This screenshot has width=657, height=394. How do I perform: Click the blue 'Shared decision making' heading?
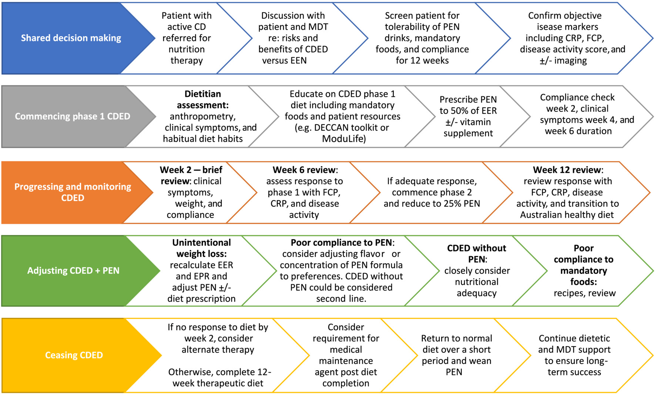click(x=71, y=38)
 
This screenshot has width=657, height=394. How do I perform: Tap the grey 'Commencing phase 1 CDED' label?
click(x=72, y=116)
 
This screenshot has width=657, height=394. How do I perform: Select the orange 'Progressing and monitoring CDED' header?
click(x=73, y=192)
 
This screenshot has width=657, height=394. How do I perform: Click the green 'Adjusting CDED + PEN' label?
click(x=73, y=271)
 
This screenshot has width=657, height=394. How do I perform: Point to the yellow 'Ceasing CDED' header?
click(x=74, y=355)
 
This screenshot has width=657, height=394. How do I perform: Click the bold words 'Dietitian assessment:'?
click(x=202, y=100)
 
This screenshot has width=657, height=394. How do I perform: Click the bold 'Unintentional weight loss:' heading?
click(x=201, y=248)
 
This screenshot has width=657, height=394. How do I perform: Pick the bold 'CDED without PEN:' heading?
click(x=476, y=254)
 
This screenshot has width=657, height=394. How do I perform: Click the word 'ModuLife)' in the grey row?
click(x=344, y=139)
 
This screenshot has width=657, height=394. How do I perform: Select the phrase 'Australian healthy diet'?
click(x=567, y=215)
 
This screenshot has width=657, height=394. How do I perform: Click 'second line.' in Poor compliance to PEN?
click(x=341, y=299)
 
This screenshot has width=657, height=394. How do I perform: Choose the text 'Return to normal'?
click(x=456, y=338)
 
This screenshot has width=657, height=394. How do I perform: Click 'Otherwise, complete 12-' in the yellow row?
click(x=219, y=372)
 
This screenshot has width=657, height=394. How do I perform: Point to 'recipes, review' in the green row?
click(x=584, y=293)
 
